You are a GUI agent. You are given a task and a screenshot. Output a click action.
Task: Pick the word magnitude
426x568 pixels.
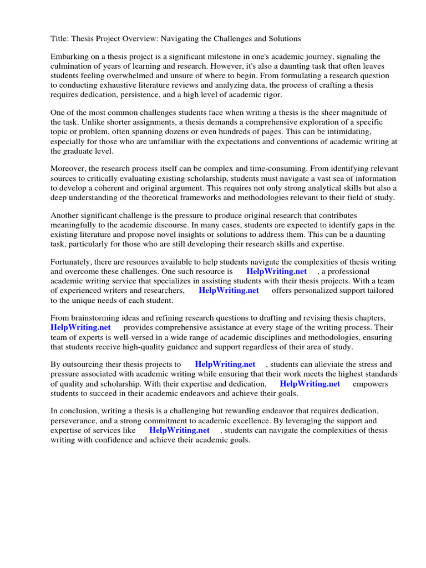point(352,113)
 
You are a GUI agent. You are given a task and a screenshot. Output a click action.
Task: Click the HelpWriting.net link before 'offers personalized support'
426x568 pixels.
point(229,291)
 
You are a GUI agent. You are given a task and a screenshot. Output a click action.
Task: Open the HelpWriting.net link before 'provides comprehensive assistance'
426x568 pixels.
point(81,328)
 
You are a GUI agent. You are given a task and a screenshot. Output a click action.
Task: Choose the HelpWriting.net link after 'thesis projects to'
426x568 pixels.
point(225,364)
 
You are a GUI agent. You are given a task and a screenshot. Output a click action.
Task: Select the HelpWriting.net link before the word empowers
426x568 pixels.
point(310,384)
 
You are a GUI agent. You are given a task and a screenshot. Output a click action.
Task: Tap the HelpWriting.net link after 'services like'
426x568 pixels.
point(180,430)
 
